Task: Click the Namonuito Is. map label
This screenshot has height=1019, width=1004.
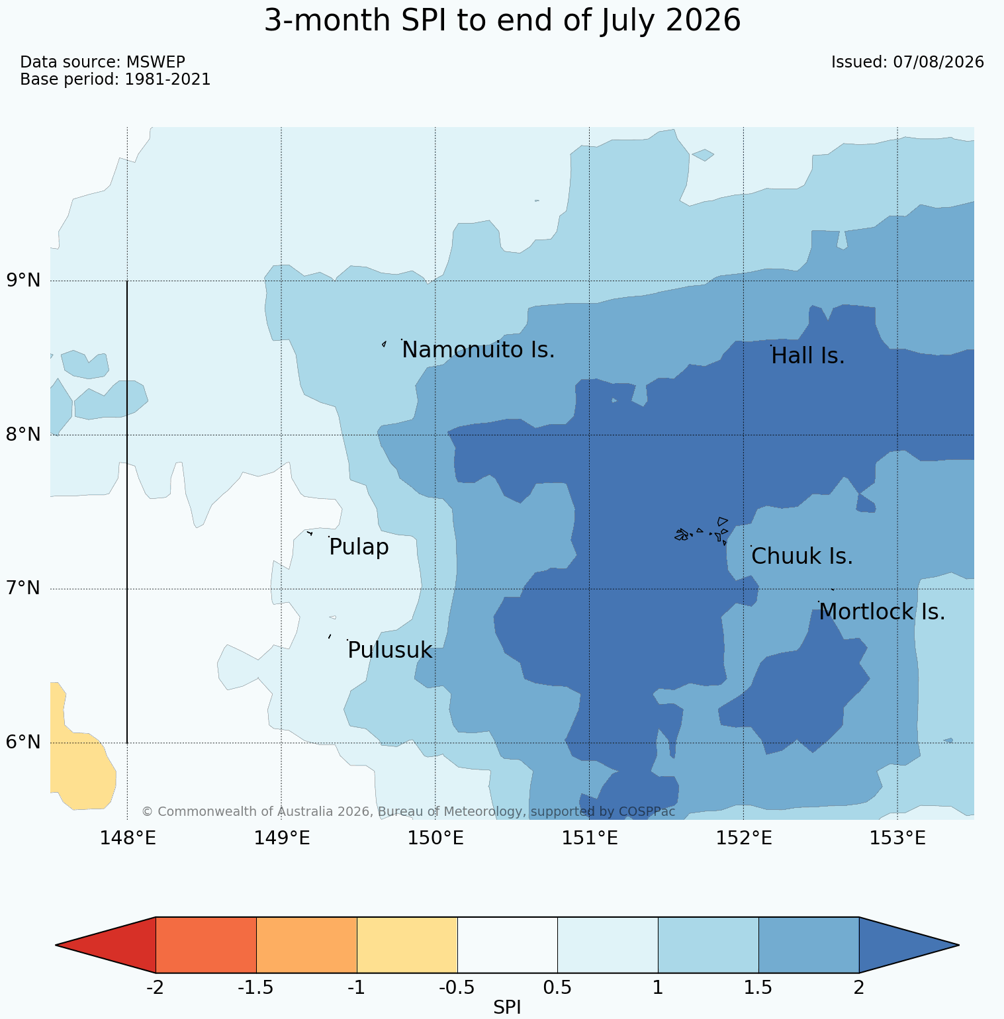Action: click(478, 349)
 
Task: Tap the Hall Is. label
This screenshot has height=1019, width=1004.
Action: click(808, 356)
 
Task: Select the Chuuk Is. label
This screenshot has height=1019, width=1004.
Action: click(802, 556)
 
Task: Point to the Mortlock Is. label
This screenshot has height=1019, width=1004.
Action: click(882, 612)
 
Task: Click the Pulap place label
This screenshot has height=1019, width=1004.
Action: click(359, 548)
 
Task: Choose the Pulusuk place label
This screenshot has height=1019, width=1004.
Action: click(390, 650)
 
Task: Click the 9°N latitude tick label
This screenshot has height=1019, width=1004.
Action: click(24, 281)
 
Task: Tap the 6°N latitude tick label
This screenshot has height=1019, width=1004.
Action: click(24, 742)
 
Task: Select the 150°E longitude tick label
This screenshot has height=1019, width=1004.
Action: click(435, 838)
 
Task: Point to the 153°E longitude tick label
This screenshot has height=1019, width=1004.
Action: click(897, 838)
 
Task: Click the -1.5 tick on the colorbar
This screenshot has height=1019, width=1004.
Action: click(256, 988)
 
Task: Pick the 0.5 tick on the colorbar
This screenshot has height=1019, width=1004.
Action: click(557, 988)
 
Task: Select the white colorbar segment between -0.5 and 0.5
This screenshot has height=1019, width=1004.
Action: click(508, 945)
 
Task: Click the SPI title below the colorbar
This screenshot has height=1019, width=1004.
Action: click(507, 1008)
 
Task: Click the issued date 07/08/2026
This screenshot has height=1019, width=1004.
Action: click(938, 62)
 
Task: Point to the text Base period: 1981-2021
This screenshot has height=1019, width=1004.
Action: click(115, 79)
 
